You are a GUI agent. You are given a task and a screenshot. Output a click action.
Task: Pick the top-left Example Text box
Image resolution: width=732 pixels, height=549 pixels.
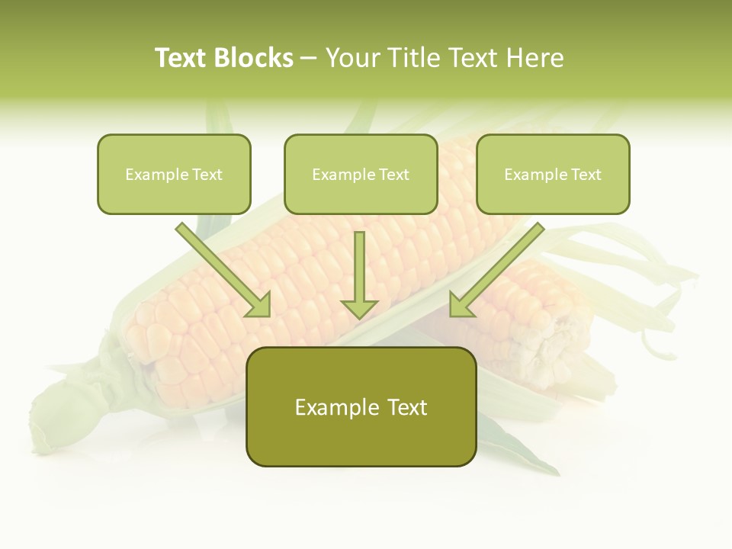174,174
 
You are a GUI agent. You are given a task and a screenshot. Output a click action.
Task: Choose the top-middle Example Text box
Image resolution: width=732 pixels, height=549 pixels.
361,174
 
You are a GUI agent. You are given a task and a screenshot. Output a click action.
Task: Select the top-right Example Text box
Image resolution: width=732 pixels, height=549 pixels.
553,174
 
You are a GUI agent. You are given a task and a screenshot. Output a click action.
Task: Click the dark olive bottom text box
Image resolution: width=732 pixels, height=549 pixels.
361,406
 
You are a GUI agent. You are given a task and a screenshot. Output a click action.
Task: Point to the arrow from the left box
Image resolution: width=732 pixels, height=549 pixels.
221,268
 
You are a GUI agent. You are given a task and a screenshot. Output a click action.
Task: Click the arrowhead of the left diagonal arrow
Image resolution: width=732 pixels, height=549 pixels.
259,305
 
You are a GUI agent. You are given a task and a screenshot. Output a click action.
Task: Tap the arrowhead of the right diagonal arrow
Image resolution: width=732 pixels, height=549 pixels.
461,305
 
